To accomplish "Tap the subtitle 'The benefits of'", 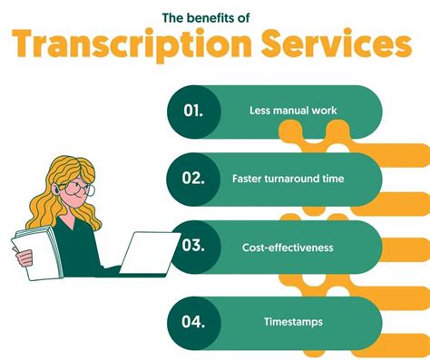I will pos(214,16).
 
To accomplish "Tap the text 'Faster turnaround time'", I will pos(288,179).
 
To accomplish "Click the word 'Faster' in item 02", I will pos(247,179).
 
